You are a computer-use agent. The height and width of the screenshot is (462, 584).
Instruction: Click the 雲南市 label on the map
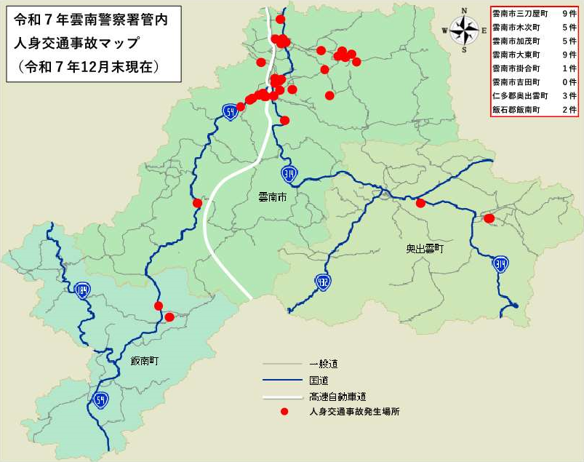click(273, 197)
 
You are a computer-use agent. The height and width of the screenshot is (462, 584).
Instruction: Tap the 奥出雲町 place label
click(425, 249)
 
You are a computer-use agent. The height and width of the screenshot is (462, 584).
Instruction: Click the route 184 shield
click(82, 291)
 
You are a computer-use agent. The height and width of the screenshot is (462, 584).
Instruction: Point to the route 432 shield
click(322, 281)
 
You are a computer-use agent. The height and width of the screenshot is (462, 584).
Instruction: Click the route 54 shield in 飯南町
click(100, 399)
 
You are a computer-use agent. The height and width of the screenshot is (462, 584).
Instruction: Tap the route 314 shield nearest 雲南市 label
click(289, 173)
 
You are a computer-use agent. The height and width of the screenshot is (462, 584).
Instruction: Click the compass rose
click(463, 30)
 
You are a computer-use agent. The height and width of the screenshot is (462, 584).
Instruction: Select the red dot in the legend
click(286, 412)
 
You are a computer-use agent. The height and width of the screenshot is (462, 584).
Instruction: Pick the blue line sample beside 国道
click(281, 380)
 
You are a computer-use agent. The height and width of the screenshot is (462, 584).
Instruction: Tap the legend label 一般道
click(324, 364)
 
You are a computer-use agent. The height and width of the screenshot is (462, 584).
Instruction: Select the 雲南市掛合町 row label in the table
click(516, 68)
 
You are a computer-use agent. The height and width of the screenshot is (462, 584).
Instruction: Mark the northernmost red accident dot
click(281, 19)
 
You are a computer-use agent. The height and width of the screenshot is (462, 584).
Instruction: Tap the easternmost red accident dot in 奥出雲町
click(489, 218)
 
